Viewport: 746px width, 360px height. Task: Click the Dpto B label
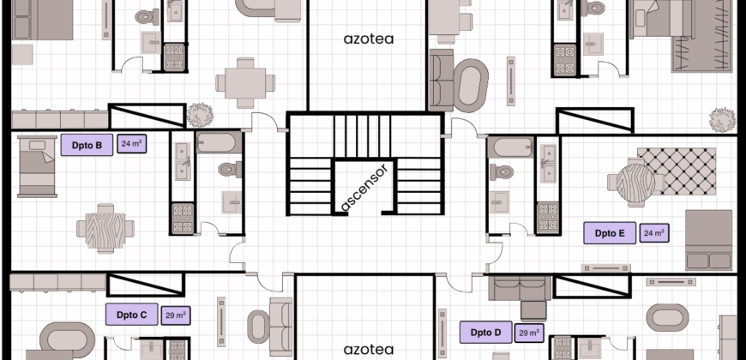[87, 145]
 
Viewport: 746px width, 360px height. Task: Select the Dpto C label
[132, 315]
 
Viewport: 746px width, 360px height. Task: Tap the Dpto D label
[485, 333]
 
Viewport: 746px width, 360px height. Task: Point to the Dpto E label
[610, 233]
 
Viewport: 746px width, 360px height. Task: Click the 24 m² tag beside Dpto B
[132, 144]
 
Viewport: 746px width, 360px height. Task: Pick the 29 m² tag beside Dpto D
[529, 333]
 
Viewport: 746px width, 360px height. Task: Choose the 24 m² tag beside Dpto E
[654, 233]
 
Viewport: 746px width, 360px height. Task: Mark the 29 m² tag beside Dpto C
[176, 315]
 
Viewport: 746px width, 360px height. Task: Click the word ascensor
[365, 187]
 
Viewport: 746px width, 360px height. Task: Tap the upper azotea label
[369, 39]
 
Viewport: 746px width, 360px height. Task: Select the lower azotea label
[369, 350]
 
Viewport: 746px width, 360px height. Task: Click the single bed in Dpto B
[37, 166]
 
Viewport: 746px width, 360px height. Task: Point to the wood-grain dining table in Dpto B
[105, 228]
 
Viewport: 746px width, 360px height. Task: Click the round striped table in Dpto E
[635, 183]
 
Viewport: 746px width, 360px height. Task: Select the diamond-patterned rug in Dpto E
[677, 171]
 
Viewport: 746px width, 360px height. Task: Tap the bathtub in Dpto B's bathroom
[216, 142]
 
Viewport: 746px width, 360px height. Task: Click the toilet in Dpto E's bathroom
[502, 171]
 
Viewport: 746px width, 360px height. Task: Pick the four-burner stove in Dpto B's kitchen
[183, 219]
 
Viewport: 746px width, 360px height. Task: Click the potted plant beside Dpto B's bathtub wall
[200, 115]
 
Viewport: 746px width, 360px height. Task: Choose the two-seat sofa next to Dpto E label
[709, 240]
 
